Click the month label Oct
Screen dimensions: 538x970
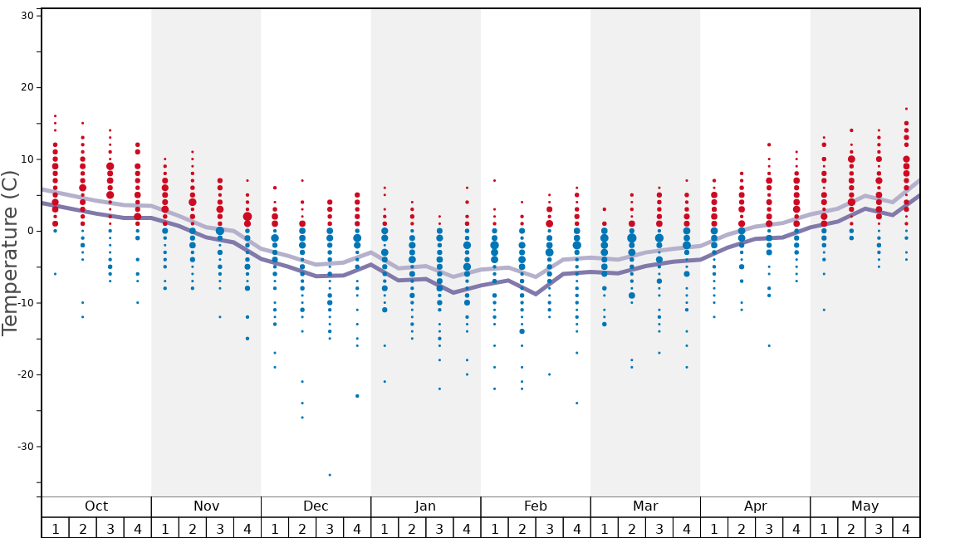tap(96, 506)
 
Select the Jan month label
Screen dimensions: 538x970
tap(425, 506)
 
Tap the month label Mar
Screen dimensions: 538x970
tap(645, 506)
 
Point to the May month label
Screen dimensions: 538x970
tap(865, 506)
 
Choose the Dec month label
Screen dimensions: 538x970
tap(316, 506)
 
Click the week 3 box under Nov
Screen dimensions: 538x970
tap(220, 528)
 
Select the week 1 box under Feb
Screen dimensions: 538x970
tap(494, 528)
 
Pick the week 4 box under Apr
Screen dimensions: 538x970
tap(796, 528)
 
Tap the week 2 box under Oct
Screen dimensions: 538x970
tap(82, 528)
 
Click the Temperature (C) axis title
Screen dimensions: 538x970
tap(10, 252)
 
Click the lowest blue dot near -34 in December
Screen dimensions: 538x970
tap(330, 475)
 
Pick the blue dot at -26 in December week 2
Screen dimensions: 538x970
tap(302, 418)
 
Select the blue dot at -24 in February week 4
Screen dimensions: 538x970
tap(577, 403)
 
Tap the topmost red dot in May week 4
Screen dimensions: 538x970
tap(906, 109)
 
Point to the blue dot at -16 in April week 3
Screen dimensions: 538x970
tap(769, 345)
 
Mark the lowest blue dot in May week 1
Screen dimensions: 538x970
tap(824, 310)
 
